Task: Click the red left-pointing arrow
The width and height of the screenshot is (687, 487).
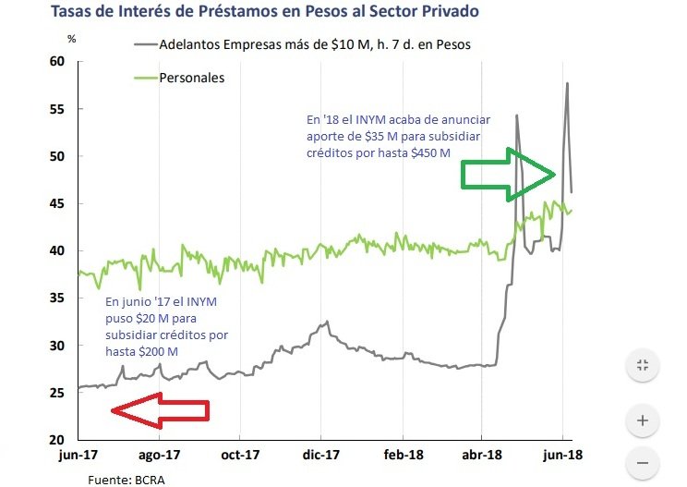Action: click(x=159, y=410)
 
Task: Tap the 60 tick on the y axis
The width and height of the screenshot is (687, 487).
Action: click(x=57, y=62)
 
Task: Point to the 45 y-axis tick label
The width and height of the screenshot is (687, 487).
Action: click(x=57, y=204)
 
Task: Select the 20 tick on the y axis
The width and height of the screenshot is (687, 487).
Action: click(x=57, y=440)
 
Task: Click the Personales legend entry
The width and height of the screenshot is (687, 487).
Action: click(x=192, y=78)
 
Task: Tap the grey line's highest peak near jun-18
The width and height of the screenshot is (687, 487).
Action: click(x=566, y=84)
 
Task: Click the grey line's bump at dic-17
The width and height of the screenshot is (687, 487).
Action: click(x=325, y=323)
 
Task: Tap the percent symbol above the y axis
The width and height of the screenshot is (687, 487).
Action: click(x=72, y=41)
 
